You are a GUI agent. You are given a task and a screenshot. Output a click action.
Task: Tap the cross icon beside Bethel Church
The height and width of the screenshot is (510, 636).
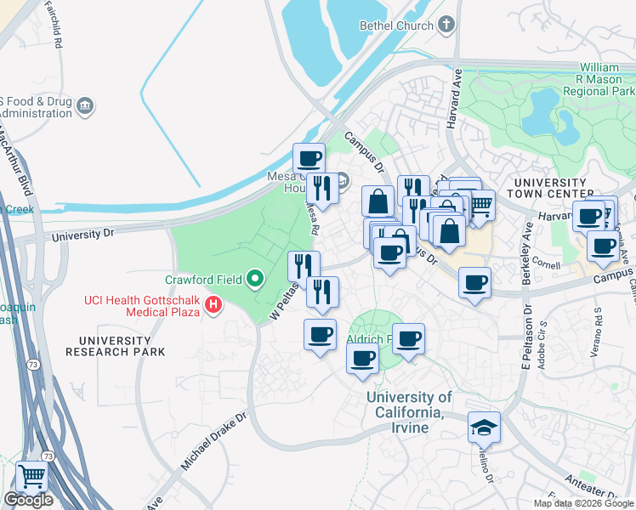coord(448,25)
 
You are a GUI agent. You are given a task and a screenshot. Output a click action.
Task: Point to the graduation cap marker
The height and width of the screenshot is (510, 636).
coord(484,427)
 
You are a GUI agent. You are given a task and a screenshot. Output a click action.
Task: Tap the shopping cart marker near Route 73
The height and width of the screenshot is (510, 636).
coord(31,477)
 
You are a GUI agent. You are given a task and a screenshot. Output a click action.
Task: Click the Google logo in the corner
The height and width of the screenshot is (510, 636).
coord(27,500)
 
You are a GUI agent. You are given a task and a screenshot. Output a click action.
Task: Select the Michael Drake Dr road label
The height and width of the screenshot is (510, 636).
coord(213,443)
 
